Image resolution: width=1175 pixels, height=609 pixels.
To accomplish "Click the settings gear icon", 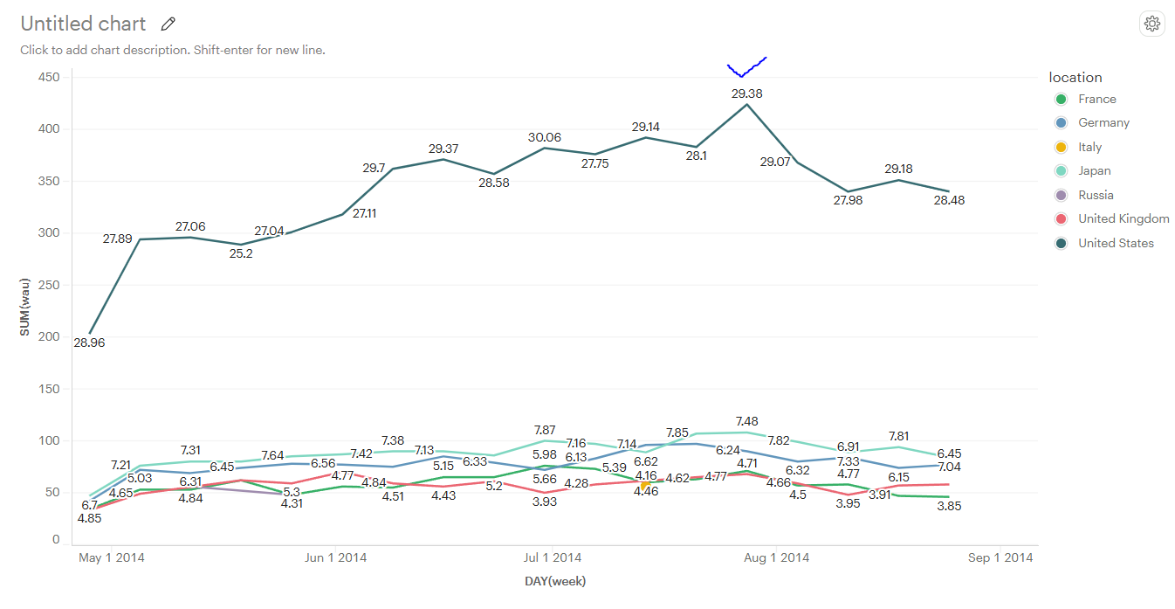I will (1152, 24).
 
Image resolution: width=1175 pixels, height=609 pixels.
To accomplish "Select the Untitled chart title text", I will (83, 24).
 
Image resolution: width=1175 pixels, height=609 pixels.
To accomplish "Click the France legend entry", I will (1096, 99).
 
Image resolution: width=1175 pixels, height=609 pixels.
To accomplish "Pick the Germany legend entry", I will (1103, 123).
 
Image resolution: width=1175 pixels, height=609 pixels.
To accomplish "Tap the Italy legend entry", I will (1089, 147).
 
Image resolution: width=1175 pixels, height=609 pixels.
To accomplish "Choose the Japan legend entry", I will (1094, 171).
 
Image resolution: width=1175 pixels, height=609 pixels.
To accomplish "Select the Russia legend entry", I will (1096, 195).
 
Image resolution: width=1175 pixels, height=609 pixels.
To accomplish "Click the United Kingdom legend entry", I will (1123, 219).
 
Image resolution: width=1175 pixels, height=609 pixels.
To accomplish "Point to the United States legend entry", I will (1115, 243).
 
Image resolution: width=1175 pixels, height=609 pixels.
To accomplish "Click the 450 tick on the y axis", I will (49, 78).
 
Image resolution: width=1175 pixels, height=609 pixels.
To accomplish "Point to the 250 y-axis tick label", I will (49, 285).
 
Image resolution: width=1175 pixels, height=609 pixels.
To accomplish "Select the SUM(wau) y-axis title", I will (25, 307).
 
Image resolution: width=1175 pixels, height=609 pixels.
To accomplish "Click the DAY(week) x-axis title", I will (555, 581).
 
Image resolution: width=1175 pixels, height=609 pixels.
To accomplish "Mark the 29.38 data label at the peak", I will (746, 93).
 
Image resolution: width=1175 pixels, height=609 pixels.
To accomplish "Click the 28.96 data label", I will (89, 343).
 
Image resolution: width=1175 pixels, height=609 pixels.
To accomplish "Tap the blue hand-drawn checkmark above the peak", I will (746, 68).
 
